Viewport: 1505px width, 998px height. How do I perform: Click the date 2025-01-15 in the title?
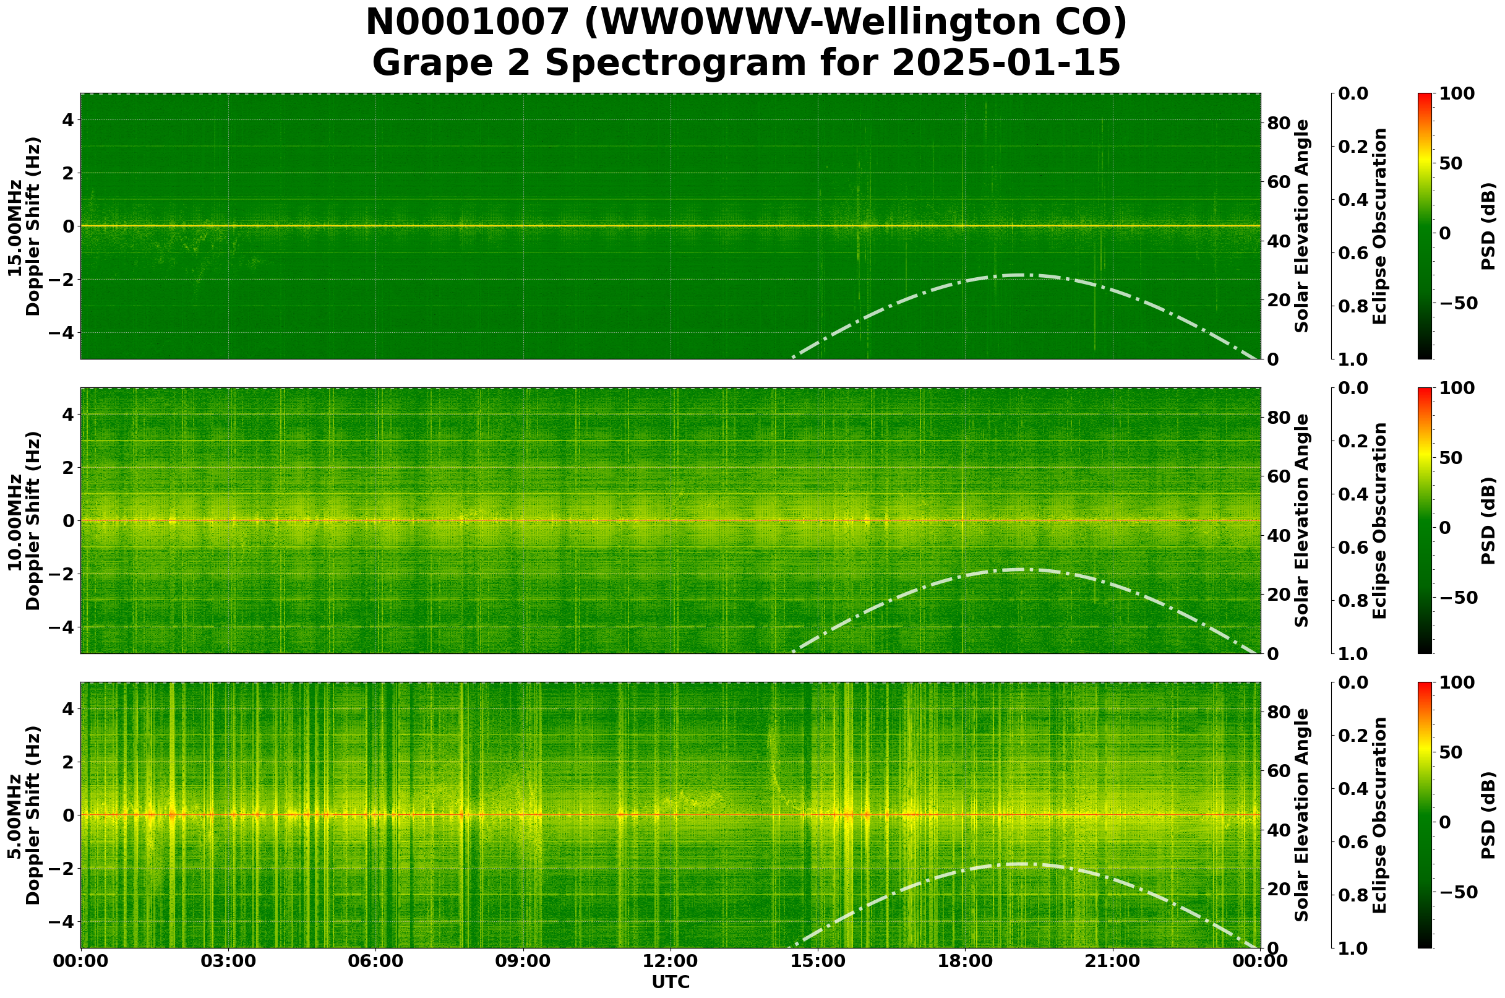1005,64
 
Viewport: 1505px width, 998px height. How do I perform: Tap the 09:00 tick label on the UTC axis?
523,961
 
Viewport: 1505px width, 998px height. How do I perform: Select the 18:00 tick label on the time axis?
965,961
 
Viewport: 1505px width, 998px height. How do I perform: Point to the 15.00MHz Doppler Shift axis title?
24,226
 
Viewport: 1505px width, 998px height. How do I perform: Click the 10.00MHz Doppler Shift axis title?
24,520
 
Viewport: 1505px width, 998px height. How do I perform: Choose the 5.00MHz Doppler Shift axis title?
24,815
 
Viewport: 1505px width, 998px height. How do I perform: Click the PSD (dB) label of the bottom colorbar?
1488,815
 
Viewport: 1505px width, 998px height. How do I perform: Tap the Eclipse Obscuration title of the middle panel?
1379,520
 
